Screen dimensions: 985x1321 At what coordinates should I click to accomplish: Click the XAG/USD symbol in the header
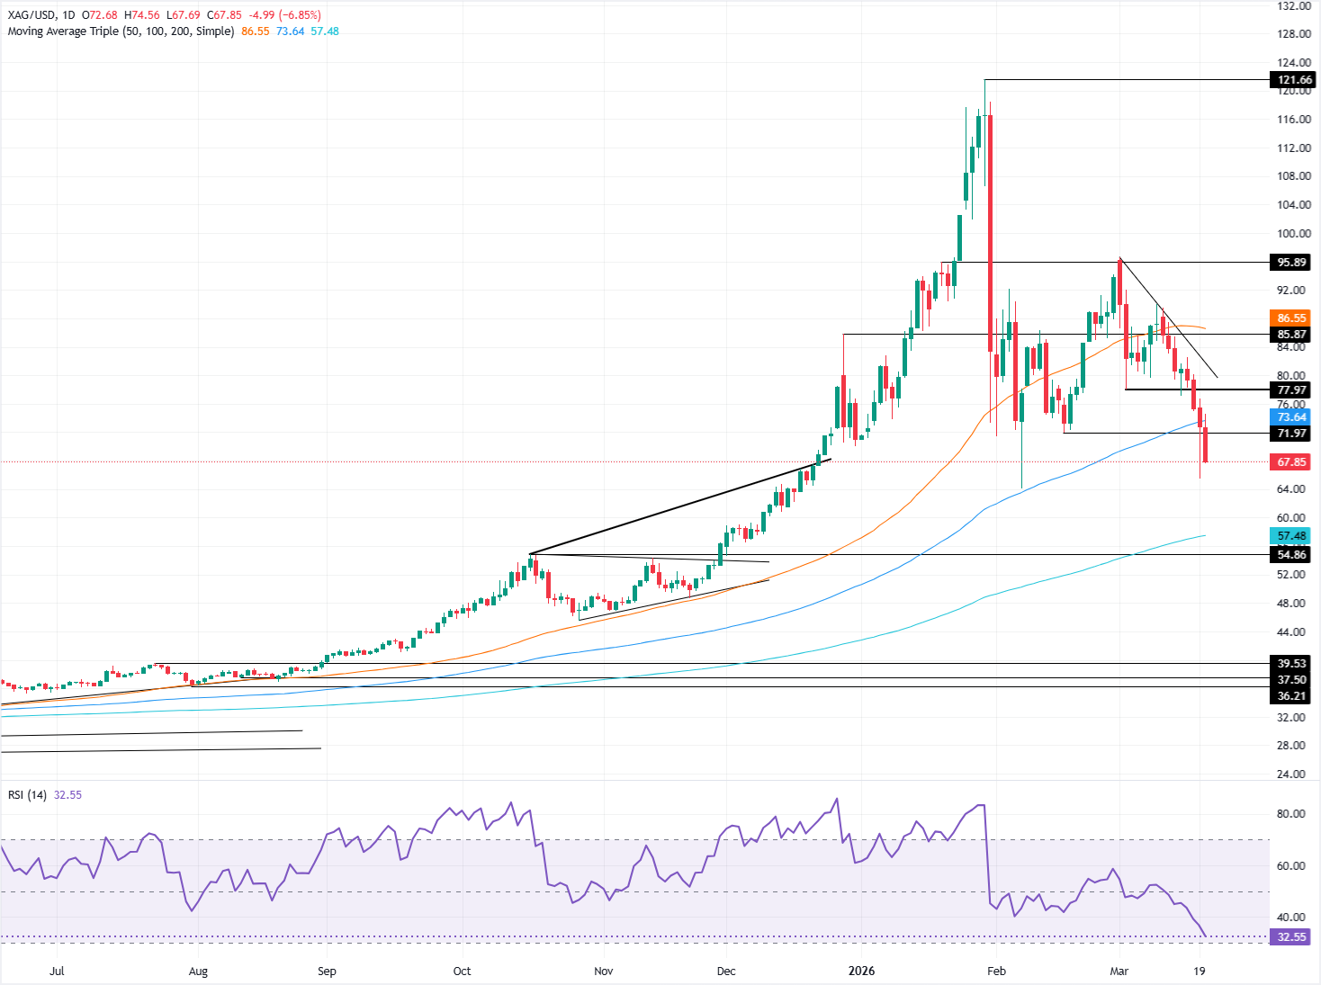pyautogui.click(x=31, y=15)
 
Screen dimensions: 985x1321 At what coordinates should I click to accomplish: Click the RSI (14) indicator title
pyautogui.click(x=27, y=795)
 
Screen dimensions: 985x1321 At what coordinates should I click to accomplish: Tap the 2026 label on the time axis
pyautogui.click(x=861, y=972)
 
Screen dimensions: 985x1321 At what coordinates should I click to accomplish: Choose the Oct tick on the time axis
pyautogui.click(x=462, y=972)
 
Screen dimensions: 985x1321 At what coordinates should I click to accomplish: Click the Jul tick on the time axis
pyautogui.click(x=57, y=972)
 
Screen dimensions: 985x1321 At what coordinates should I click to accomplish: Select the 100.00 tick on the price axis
pyautogui.click(x=1294, y=234)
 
